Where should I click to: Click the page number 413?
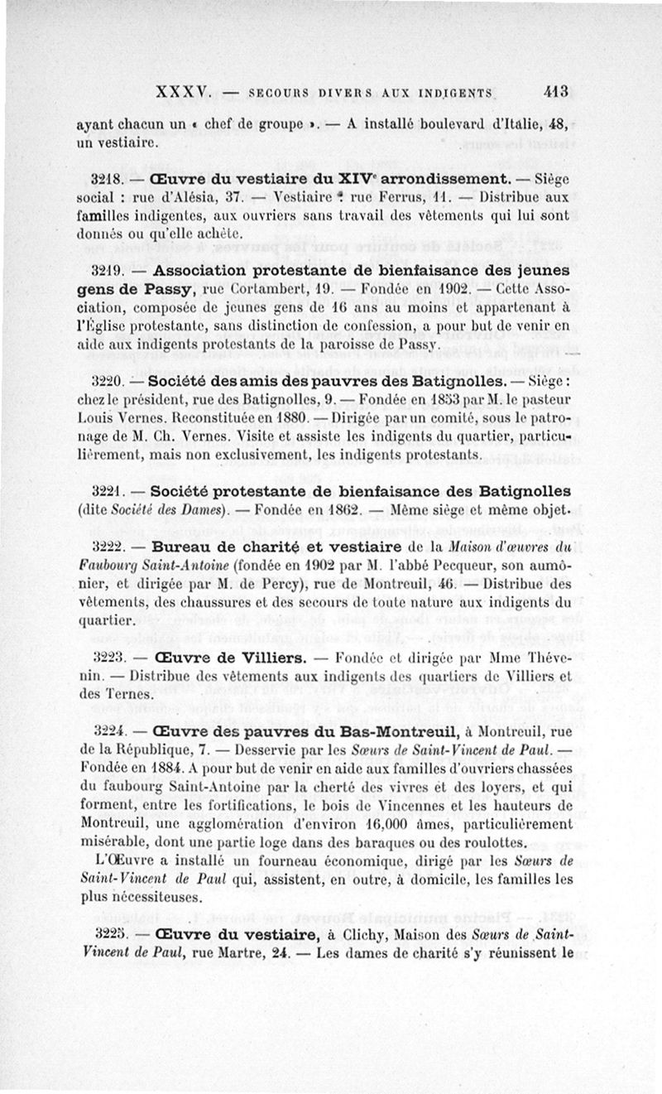coord(551,92)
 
